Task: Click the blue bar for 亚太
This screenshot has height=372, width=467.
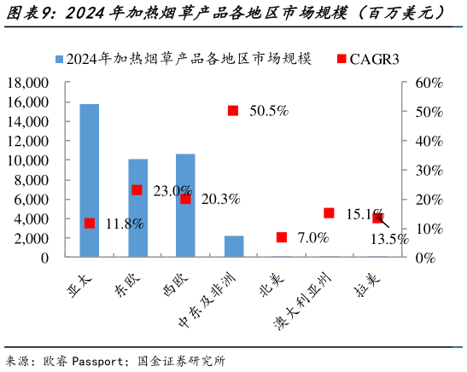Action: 89,180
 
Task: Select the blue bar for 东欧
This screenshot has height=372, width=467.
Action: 137,207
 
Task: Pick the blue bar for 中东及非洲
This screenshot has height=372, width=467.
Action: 234,246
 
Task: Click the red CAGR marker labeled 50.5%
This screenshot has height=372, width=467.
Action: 233,110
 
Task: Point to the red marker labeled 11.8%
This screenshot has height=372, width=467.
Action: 90,223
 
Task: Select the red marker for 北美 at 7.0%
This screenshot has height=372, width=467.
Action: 282,237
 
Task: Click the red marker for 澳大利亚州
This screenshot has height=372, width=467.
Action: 330,213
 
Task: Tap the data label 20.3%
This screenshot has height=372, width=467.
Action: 220,200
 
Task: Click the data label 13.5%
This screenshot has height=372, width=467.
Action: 388,240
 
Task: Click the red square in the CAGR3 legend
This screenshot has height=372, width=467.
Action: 341,59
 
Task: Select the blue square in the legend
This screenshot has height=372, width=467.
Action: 59,59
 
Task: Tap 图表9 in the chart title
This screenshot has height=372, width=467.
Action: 27,13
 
